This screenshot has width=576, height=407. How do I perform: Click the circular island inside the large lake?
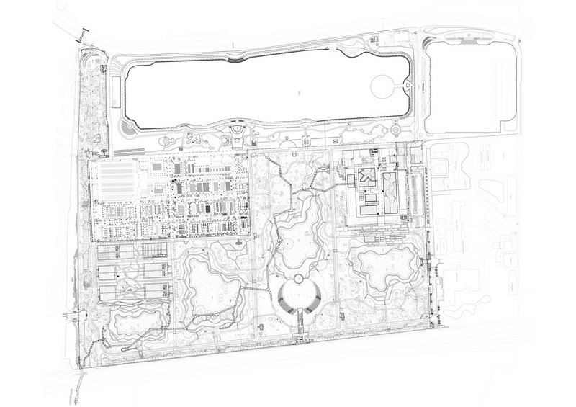coord(382,90)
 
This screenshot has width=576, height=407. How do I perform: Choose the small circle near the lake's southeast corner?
coord(395,130)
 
